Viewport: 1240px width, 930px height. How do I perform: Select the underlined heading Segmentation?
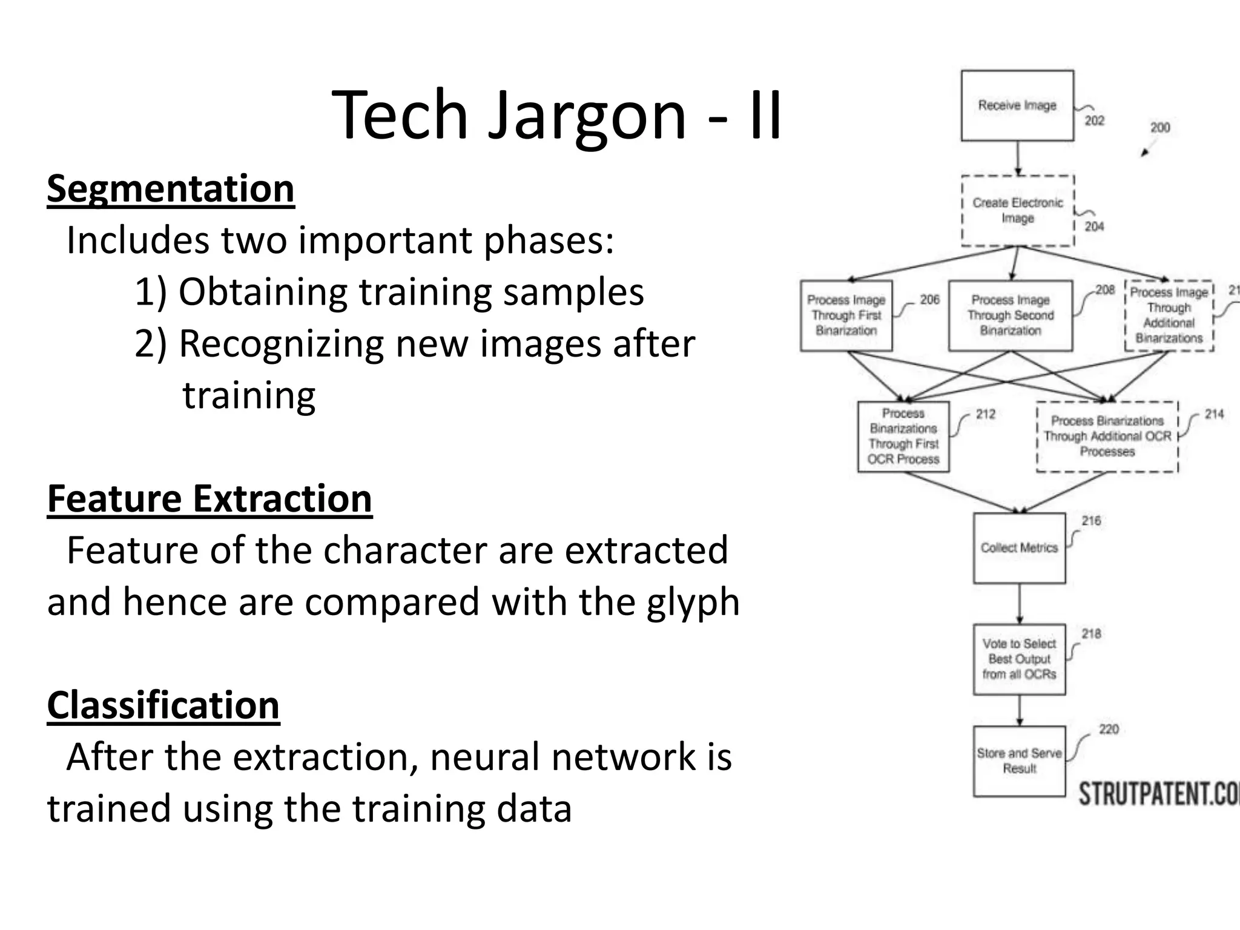pos(171,189)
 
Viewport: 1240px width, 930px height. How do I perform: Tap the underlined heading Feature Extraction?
pos(209,499)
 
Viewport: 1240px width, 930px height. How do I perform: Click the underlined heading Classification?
pos(163,705)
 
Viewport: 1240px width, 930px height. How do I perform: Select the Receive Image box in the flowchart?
pos(1017,105)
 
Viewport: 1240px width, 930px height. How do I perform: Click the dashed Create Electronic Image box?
pos(1017,210)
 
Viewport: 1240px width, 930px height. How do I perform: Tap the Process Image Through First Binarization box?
pos(846,315)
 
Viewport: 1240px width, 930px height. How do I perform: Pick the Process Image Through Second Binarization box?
pos(1010,315)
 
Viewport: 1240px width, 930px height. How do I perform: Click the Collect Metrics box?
pos(1019,548)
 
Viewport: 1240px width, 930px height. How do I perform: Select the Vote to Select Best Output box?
pos(1019,659)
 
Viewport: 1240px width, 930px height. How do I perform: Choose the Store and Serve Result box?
pos(1019,761)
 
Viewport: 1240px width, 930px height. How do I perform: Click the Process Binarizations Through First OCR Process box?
pos(903,437)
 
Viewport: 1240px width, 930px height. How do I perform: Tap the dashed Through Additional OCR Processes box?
pos(1107,437)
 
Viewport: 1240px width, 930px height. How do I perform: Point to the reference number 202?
pos(1094,120)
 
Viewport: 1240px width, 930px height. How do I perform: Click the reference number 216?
pos(1091,521)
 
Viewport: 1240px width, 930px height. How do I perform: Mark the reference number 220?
pos(1109,729)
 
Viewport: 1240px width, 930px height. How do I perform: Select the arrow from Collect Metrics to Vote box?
pos(1020,604)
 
